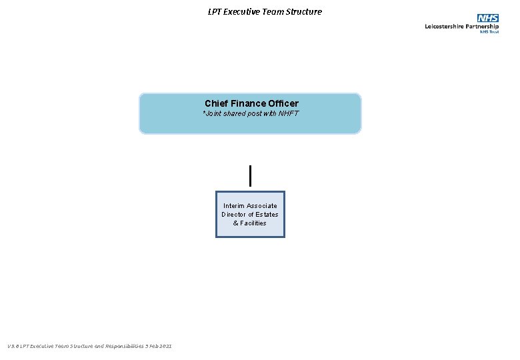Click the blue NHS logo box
point(487,18)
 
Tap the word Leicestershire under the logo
point(446,26)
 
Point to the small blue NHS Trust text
point(490,31)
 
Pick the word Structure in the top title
point(305,11)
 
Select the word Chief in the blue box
point(216,103)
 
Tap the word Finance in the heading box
point(247,103)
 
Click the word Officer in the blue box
point(283,103)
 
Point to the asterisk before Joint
point(204,113)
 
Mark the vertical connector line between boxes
point(250,175)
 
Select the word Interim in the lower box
point(234,206)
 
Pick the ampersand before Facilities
point(235,223)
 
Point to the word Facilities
point(253,223)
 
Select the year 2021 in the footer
point(165,346)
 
